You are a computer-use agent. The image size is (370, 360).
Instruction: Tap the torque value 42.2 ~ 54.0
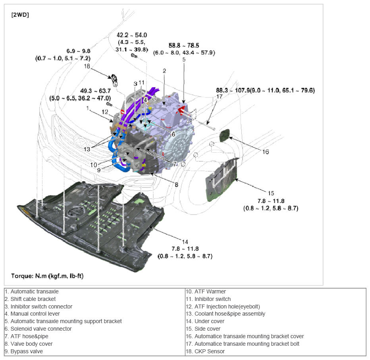[131, 35]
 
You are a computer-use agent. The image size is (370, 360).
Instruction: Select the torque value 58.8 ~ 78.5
[184, 46]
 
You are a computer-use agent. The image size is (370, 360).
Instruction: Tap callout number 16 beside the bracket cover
[265, 151]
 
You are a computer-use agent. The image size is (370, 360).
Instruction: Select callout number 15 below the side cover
[271, 193]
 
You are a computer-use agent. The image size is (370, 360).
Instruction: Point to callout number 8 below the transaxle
[176, 184]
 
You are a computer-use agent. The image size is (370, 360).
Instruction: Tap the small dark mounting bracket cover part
[225, 135]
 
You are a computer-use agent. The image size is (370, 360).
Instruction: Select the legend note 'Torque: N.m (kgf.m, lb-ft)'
[46, 276]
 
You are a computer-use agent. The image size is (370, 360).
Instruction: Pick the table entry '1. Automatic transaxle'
[32, 291]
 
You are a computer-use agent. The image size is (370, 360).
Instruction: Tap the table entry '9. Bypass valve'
[24, 351]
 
